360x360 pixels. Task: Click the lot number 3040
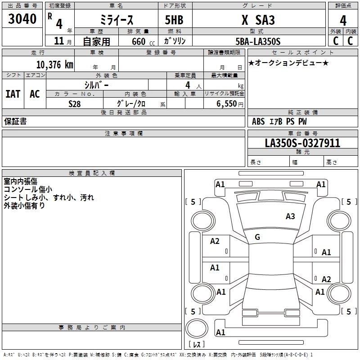click(x=22, y=19)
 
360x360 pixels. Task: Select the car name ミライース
click(x=116, y=20)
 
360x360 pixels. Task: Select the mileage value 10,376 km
click(x=54, y=64)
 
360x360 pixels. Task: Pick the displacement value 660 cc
click(x=135, y=41)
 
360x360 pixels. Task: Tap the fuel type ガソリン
click(x=175, y=41)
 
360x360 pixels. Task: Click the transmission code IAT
click(x=13, y=94)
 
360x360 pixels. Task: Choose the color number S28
click(x=75, y=103)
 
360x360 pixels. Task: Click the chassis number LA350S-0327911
click(x=302, y=143)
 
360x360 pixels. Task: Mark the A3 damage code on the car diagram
click(x=290, y=216)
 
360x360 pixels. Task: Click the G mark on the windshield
click(x=257, y=237)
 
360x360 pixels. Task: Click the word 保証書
click(x=15, y=121)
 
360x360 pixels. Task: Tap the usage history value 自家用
click(x=96, y=41)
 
